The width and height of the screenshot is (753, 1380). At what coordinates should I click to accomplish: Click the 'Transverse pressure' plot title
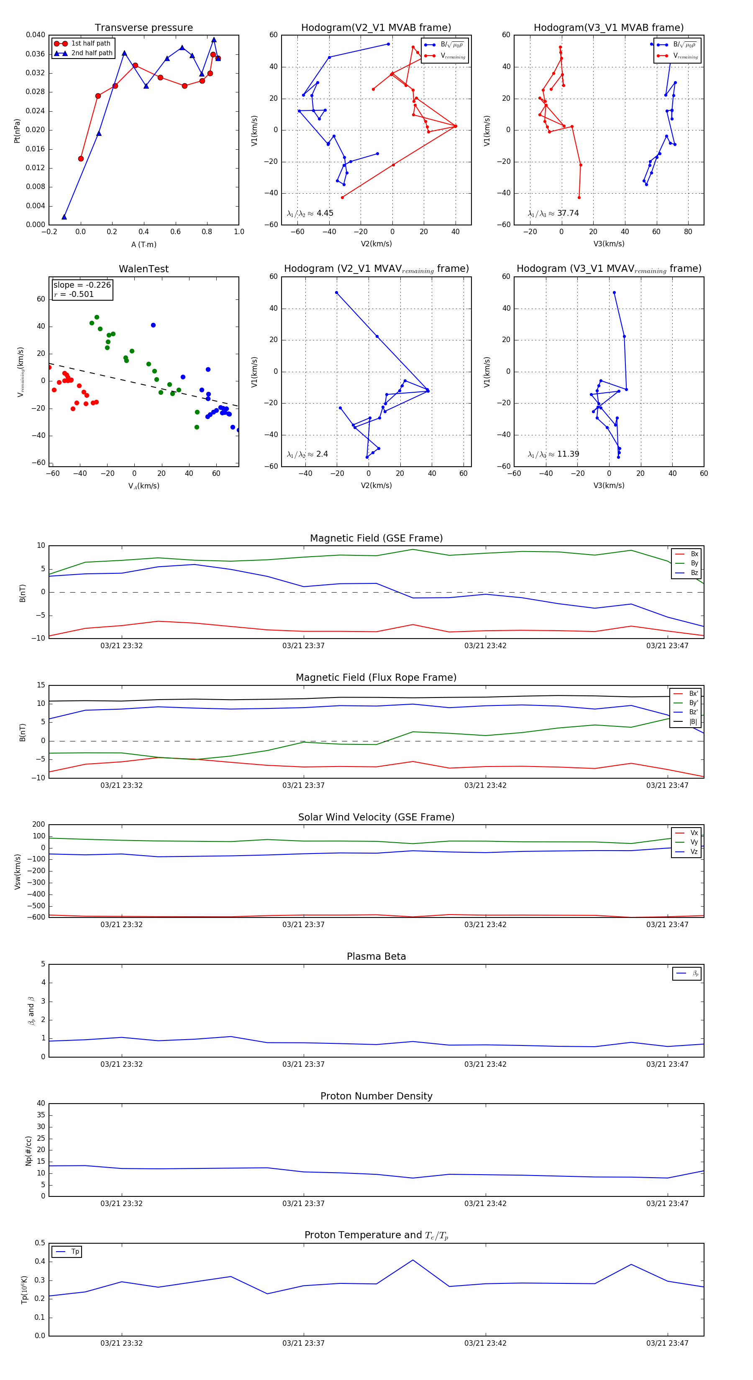pos(143,28)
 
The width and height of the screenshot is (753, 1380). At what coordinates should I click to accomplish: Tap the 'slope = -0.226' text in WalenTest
pos(82,285)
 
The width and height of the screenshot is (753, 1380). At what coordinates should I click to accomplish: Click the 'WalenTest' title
pos(143,269)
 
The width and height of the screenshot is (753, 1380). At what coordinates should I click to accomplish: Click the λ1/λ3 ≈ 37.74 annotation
pos(553,213)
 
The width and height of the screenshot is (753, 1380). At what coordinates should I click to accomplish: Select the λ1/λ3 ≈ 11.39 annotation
pos(553,454)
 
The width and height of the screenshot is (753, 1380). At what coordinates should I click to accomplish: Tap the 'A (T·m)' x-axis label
pos(143,245)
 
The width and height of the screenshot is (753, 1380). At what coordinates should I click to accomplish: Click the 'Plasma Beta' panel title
pos(376,957)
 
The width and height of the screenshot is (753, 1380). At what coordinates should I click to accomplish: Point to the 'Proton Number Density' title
pos(376,1096)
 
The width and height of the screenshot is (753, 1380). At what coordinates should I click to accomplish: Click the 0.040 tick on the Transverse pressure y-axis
pos(36,35)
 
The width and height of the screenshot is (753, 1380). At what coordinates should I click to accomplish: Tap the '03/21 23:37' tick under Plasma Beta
pos(303,1064)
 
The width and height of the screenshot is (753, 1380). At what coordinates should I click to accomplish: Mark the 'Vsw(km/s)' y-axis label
pos(18,871)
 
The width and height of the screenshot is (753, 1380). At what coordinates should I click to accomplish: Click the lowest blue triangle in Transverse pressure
pos(64,217)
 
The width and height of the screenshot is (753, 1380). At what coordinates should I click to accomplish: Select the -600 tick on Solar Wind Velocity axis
pos(38,917)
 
